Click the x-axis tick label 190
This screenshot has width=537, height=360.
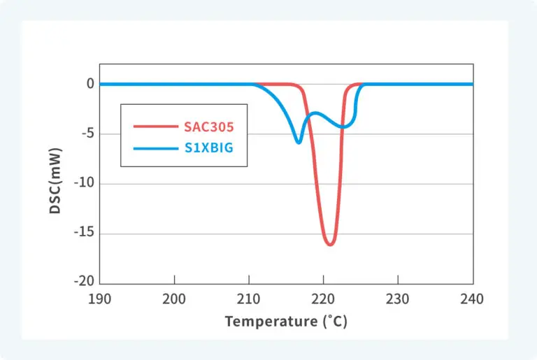coord(99,298)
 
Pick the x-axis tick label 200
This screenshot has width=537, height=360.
coord(174,298)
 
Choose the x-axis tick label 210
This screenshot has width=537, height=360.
coord(249,298)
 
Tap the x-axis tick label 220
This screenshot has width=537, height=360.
coord(324,298)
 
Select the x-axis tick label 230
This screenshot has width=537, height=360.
coord(398,298)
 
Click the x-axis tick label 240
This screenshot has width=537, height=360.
coord(473,298)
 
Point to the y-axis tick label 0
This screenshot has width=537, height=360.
coord(90,84)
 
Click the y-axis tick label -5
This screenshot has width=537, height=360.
coord(86,134)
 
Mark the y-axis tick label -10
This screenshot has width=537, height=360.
coord(83,184)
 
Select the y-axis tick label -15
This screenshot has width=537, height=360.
coord(83,233)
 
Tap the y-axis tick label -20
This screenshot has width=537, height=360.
coord(83,281)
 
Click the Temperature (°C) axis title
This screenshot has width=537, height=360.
coord(285,322)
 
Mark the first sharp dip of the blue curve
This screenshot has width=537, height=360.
coord(299,143)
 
